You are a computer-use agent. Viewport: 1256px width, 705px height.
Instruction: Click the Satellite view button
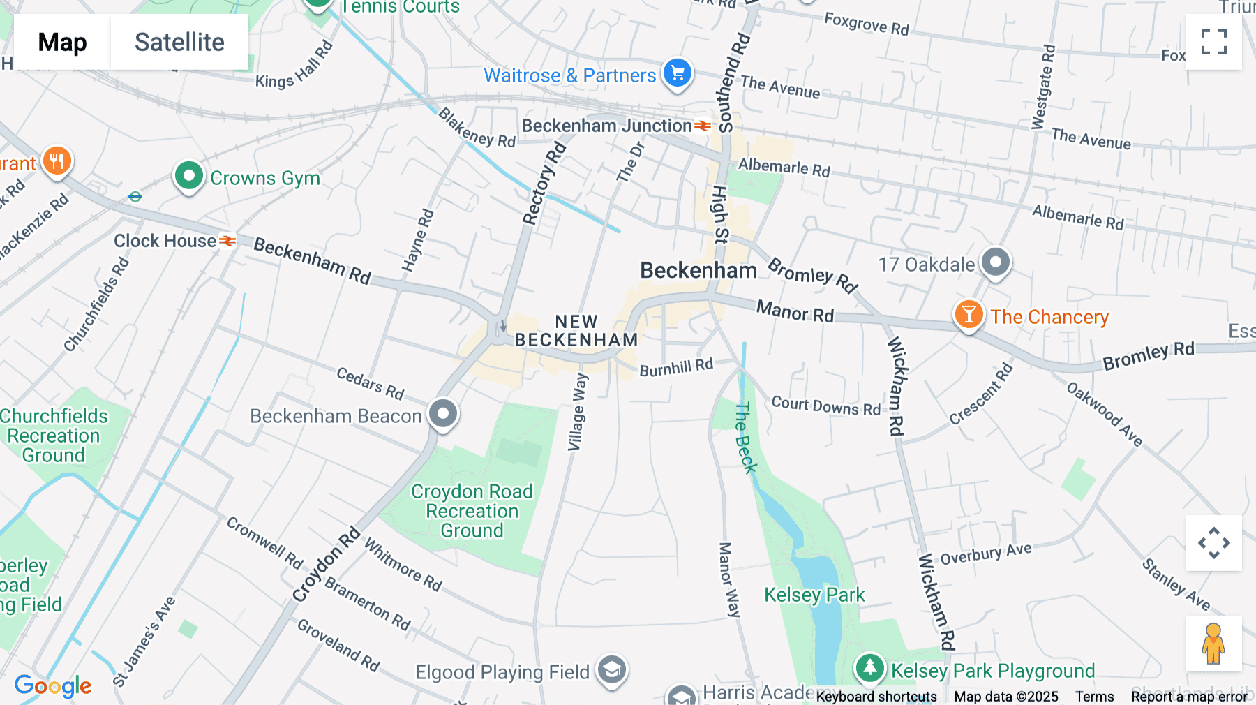click(179, 42)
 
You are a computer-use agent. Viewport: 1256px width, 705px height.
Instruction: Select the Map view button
click(62, 42)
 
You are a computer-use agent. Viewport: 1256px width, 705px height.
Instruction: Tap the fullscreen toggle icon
click(1213, 42)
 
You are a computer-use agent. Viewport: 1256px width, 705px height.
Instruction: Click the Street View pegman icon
click(1213, 644)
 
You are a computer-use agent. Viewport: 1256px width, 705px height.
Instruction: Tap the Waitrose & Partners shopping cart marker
click(677, 73)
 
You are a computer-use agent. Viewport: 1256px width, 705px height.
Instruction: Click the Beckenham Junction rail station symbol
click(703, 126)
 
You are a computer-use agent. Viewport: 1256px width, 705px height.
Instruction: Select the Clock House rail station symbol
click(227, 241)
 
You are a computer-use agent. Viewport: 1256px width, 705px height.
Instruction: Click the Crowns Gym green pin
click(188, 176)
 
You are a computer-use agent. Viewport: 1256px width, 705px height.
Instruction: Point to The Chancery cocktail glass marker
click(969, 315)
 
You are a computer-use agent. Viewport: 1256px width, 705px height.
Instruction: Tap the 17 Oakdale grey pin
click(996, 263)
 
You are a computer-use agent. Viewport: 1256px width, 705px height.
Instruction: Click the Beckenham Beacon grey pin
click(443, 414)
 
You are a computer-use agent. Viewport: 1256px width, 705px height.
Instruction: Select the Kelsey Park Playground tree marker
click(869, 668)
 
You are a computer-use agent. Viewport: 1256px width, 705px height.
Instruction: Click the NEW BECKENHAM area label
click(576, 331)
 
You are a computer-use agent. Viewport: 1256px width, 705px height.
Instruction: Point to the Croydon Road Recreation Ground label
click(472, 511)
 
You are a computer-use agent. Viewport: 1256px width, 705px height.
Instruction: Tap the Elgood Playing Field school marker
click(612, 670)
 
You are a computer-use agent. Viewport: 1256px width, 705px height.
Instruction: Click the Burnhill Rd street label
click(676, 367)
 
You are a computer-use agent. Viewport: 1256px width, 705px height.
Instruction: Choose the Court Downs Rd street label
click(826, 406)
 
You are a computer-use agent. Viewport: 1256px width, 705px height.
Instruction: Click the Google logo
click(53, 686)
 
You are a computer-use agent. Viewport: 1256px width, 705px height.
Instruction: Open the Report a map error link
click(1189, 697)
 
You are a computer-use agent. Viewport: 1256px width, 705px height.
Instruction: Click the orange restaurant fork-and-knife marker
click(57, 161)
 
